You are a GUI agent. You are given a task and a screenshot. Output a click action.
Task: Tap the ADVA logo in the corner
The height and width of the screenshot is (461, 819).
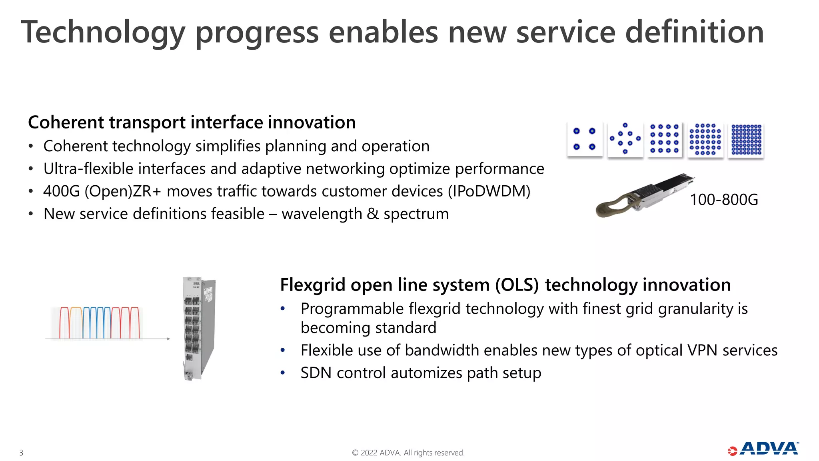[763, 449]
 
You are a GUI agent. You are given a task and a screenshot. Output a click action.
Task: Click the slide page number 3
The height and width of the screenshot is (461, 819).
[21, 453]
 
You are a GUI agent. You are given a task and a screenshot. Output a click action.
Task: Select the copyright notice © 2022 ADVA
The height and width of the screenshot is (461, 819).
[408, 453]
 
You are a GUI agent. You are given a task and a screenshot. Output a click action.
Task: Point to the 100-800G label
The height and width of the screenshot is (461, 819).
[724, 200]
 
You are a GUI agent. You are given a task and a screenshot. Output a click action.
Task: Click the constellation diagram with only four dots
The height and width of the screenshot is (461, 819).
[584, 139]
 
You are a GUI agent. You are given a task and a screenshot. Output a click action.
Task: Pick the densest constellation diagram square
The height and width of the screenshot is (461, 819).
[746, 140]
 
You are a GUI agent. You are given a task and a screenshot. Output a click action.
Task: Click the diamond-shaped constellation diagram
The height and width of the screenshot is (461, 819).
[625, 139]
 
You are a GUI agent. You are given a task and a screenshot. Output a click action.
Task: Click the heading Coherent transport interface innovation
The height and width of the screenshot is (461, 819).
[192, 122]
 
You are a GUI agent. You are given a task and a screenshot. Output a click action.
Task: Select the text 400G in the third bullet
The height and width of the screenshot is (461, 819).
[62, 191]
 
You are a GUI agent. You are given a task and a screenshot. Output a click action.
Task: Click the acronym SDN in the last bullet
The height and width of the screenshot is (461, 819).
[316, 373]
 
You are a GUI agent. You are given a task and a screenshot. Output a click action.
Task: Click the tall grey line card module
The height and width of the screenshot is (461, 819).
[199, 328]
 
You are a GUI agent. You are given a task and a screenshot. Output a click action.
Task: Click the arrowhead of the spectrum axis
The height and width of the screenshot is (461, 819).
[168, 339]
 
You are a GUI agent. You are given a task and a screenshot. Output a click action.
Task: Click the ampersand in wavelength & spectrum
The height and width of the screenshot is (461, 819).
[372, 214]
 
